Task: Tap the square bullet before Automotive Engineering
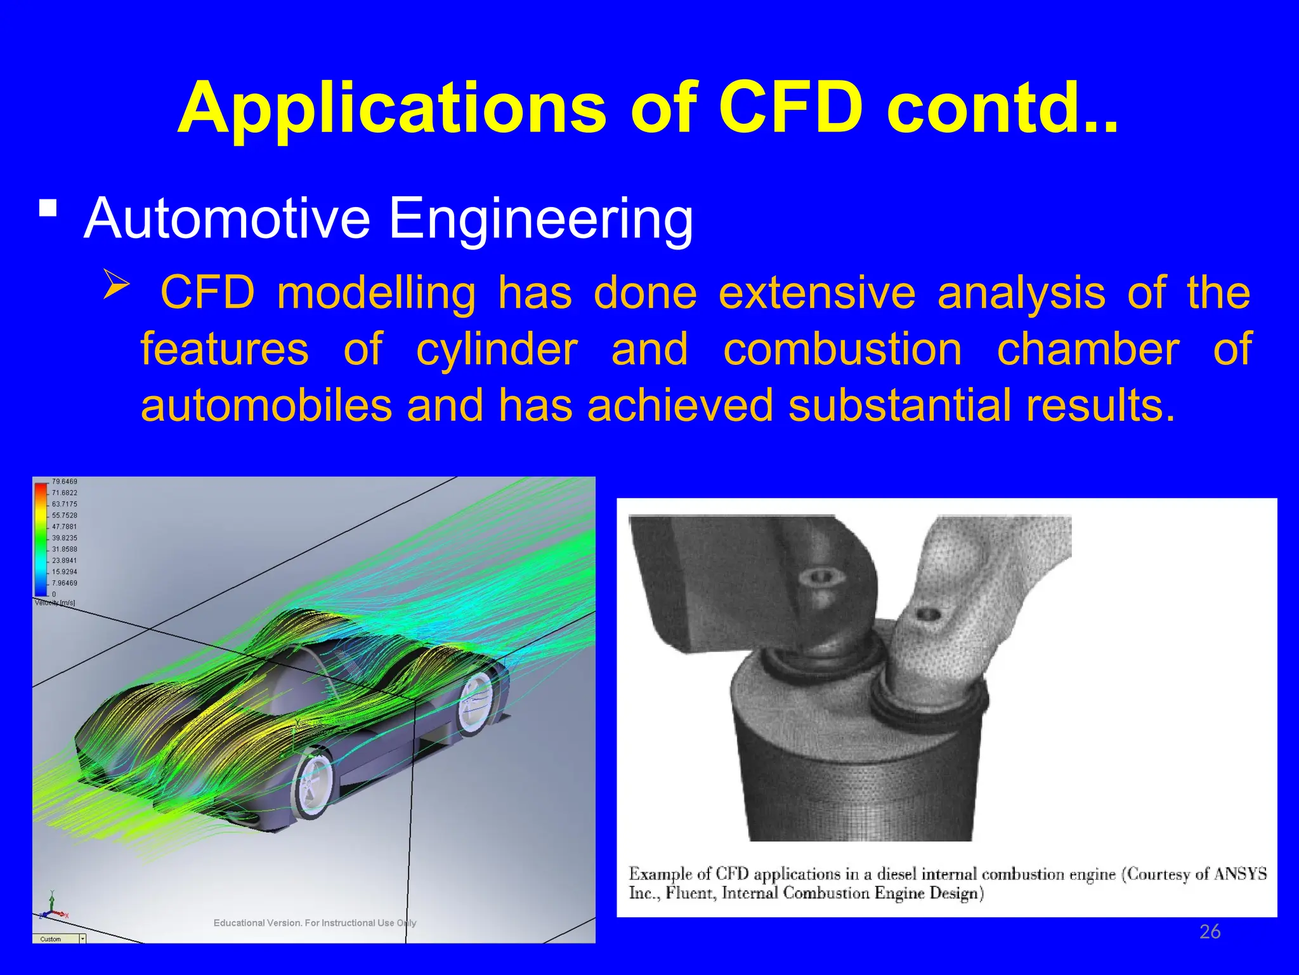point(48,208)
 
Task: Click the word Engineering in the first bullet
point(540,218)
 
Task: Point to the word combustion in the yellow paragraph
point(842,350)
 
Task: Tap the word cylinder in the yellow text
point(497,350)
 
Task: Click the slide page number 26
point(1210,932)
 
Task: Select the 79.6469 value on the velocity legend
point(64,482)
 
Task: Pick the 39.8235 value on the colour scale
point(64,538)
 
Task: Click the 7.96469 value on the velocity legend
point(64,583)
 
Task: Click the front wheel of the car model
point(312,786)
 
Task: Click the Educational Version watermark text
point(315,923)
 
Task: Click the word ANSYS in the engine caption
point(1240,875)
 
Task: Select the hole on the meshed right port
point(929,614)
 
